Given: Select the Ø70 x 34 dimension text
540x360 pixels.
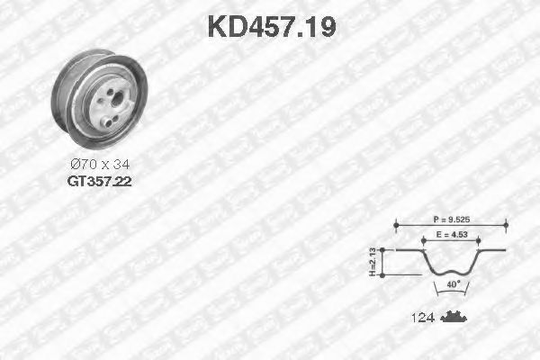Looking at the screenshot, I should (99, 165).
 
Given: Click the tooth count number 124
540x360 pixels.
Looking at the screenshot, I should (423, 318).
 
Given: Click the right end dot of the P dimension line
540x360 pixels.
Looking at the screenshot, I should (507, 226).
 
